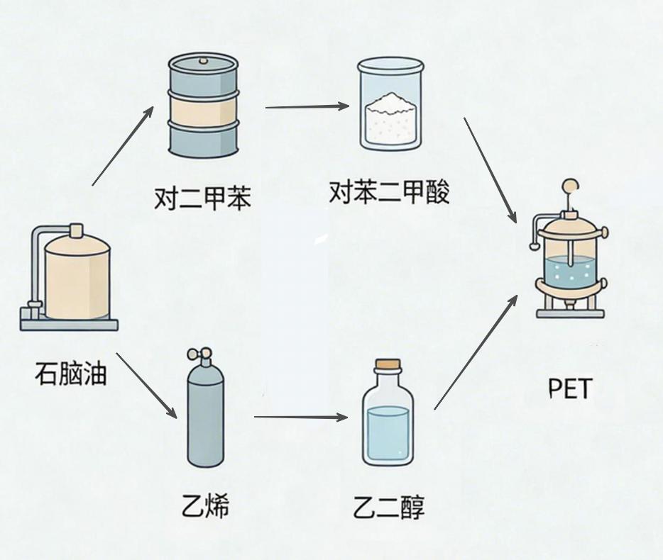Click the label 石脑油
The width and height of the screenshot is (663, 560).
70,374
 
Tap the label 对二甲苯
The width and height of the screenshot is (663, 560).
202,198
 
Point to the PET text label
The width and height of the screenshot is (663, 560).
570,388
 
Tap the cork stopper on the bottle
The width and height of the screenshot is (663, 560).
388,366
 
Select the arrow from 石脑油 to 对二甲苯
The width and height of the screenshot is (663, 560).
122,145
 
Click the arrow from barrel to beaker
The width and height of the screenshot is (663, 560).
307,107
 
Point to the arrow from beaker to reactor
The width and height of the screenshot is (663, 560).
491,170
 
